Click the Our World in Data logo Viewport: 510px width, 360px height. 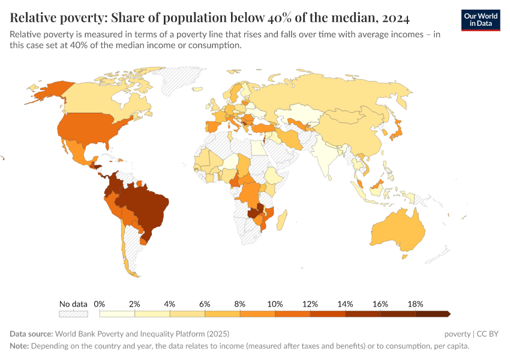point(481,19)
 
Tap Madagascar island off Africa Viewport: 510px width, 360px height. point(282,217)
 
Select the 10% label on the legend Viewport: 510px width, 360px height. point(275,304)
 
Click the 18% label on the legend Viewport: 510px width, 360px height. point(415,304)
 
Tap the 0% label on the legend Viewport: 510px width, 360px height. point(100,304)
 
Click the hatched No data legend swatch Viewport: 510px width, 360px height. point(73,314)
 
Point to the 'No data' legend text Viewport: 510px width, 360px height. point(73,304)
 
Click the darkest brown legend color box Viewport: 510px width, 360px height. point(432,314)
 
